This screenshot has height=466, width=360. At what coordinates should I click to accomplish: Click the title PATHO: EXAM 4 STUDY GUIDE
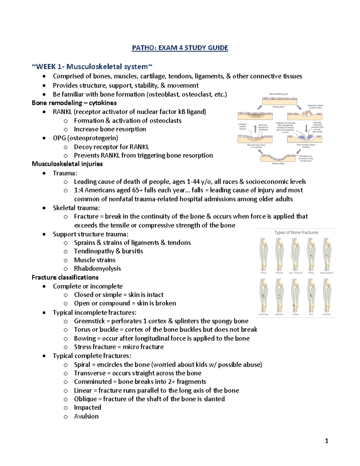[x=180, y=48]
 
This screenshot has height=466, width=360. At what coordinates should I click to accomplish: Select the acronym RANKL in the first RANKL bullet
[x=62, y=112]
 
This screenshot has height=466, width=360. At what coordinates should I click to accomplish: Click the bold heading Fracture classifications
[x=65, y=277]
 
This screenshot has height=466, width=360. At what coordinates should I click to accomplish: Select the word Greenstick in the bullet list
[x=89, y=321]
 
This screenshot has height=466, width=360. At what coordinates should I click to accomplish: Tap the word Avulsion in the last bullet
[x=86, y=416]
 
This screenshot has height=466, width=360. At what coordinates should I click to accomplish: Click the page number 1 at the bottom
[x=327, y=441]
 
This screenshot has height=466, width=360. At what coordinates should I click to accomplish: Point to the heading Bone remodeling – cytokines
[x=74, y=103]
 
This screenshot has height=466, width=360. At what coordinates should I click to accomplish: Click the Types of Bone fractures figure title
[x=296, y=233]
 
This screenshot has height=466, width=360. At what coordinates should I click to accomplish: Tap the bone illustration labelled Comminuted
[x=264, y=296]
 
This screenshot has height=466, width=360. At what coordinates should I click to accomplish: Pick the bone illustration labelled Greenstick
[x=327, y=296]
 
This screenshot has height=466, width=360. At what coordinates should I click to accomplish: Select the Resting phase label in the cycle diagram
[x=278, y=107]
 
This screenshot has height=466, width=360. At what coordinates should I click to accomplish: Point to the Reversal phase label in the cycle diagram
[x=278, y=164]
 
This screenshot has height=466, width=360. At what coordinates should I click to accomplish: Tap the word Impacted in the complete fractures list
[x=87, y=407]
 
